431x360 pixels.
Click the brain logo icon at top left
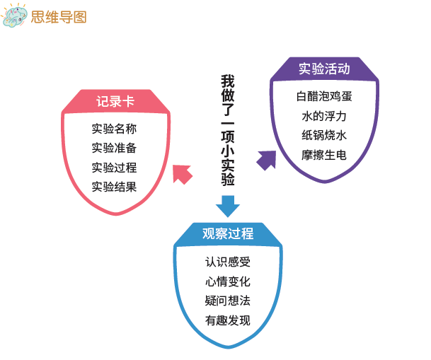click(x=14, y=16)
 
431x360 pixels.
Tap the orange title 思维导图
click(x=59, y=17)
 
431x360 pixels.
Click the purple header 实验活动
click(x=324, y=69)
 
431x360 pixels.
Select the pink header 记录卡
click(x=115, y=101)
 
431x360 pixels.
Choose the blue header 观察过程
click(x=228, y=233)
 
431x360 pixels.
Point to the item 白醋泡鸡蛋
click(x=324, y=96)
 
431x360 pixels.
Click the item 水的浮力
click(x=324, y=116)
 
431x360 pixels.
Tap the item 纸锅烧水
click(x=324, y=135)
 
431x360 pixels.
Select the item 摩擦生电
click(x=324, y=155)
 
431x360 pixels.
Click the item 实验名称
click(x=114, y=129)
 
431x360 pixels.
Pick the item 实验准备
click(x=114, y=148)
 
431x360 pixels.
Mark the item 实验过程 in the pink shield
click(x=114, y=168)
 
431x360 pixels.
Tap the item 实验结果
click(x=114, y=187)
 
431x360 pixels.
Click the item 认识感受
click(x=228, y=262)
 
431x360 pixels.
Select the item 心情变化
click(x=228, y=281)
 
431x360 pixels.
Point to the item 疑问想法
click(x=228, y=301)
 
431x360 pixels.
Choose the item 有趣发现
click(x=228, y=320)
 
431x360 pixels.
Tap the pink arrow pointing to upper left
click(x=182, y=174)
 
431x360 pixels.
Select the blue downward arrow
click(x=228, y=207)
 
